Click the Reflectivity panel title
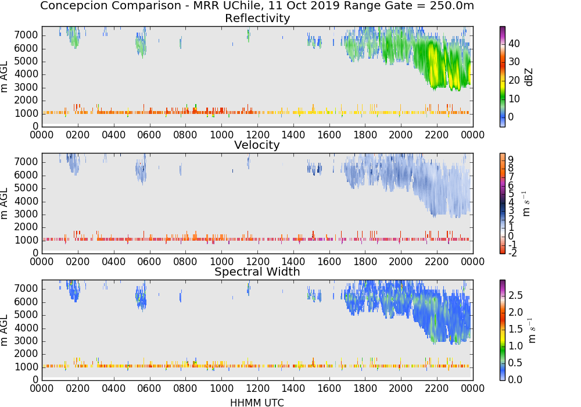[257, 18]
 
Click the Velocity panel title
[257, 145]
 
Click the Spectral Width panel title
[257, 272]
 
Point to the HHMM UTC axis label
[257, 402]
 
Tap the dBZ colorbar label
[529, 77]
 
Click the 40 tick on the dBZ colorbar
[514, 44]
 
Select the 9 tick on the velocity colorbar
[511, 160]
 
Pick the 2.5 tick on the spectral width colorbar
[515, 295]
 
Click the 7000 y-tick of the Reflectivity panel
[26, 35]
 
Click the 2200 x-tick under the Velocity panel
[436, 262]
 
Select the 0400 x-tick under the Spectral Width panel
[113, 388]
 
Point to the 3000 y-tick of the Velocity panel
[26, 214]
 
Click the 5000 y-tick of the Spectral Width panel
[26, 315]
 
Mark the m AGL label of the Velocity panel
[4, 203]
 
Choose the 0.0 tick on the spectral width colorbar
[515, 380]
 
